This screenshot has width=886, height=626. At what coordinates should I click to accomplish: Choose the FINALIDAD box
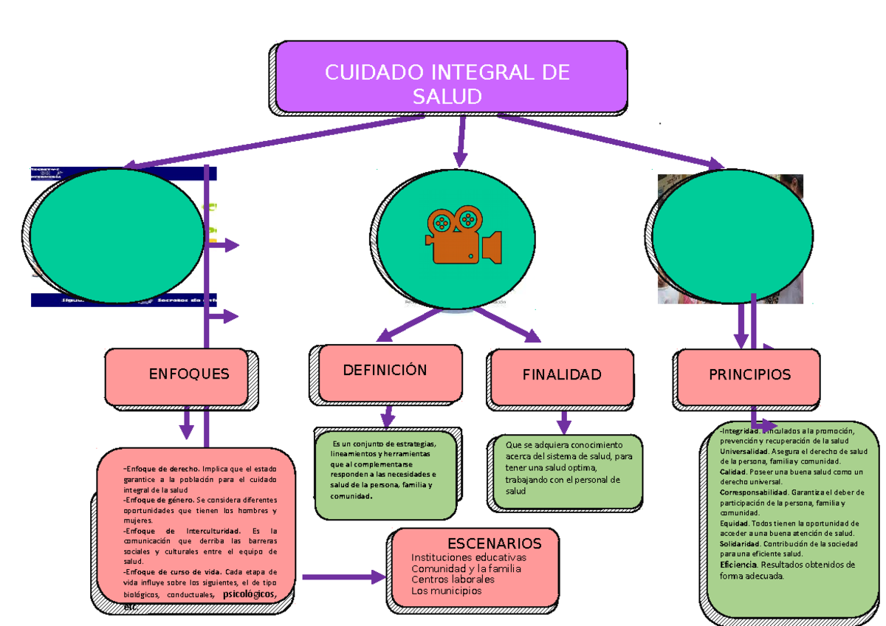click(x=561, y=376)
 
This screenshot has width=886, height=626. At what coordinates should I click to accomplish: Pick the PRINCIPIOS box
click(x=749, y=375)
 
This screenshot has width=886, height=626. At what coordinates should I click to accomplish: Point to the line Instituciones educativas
click(x=469, y=557)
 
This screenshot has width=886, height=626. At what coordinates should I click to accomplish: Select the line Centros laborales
click(x=453, y=579)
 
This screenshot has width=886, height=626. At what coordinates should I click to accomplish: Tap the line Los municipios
click(x=446, y=591)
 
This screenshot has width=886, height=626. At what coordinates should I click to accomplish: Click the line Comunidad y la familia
click(x=466, y=568)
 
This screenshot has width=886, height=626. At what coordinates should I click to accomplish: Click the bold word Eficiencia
click(x=738, y=565)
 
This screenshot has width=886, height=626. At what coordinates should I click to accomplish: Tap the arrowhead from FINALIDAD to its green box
click(x=564, y=426)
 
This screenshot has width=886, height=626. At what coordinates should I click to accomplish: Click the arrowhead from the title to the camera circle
click(x=461, y=159)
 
